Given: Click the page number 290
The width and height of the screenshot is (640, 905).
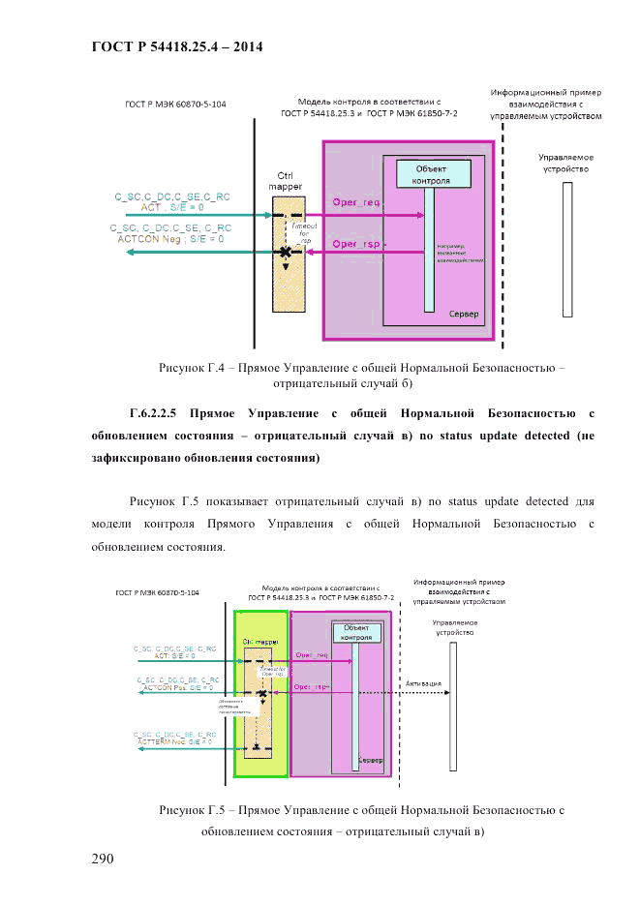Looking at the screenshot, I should coord(103,859).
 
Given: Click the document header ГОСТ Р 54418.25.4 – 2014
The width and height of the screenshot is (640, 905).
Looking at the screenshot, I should coord(176,46).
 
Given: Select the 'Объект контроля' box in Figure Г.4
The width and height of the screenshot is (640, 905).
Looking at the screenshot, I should coord(431,174).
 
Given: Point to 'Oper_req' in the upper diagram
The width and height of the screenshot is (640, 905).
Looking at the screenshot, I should coord(356,202).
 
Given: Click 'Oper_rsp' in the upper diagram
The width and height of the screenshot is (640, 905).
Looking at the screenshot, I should coord(356,244).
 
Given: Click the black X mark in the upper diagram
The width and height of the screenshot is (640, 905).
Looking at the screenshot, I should coord(286,252).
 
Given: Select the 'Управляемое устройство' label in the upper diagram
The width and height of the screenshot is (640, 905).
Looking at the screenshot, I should coord(565,162).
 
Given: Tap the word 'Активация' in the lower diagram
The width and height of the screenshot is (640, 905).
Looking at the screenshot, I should coord(423,683).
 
